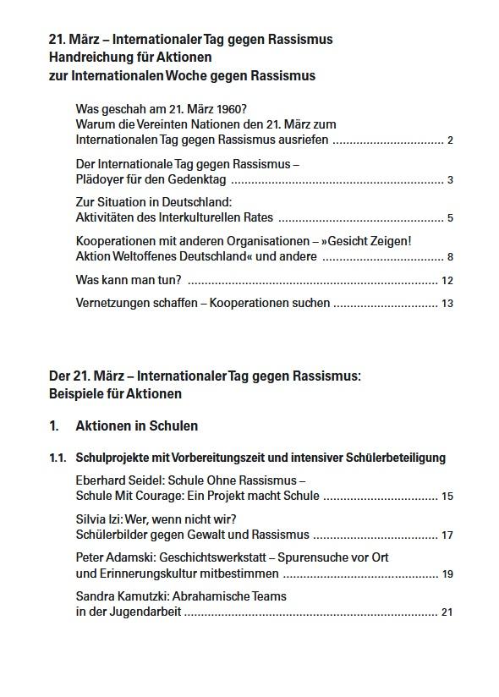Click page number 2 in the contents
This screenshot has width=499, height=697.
pyautogui.click(x=451, y=140)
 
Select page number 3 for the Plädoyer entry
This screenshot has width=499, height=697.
pyautogui.click(x=451, y=180)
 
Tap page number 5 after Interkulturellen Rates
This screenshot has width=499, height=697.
pyautogui.click(x=451, y=218)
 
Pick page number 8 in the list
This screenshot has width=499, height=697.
pyautogui.click(x=451, y=257)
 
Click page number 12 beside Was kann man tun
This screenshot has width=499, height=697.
pyautogui.click(x=447, y=281)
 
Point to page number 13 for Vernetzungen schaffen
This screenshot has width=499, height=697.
pyautogui.click(x=447, y=304)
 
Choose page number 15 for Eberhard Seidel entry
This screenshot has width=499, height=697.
pyautogui.click(x=447, y=497)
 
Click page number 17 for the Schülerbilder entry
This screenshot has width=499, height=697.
pyautogui.click(x=447, y=535)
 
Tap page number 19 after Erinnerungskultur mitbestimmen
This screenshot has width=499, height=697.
pyautogui.click(x=447, y=574)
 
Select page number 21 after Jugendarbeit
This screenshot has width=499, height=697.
pyautogui.click(x=447, y=613)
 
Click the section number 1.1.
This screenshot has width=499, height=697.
pyautogui.click(x=58, y=458)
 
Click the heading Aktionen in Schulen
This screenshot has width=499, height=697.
pyautogui.click(x=137, y=426)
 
